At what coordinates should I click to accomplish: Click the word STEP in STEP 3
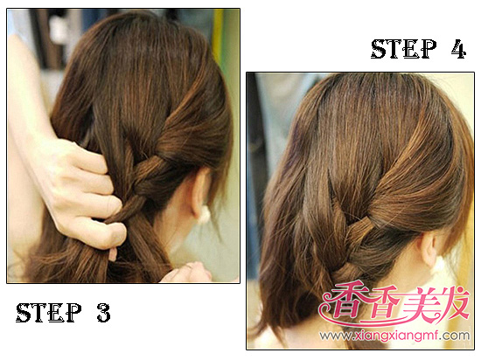pyautogui.click(x=48, y=312)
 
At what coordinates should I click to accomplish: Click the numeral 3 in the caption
pyautogui.click(x=104, y=312)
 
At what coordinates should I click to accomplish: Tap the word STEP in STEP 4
pyautogui.click(x=404, y=49)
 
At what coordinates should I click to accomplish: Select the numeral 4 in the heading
pyautogui.click(x=458, y=49)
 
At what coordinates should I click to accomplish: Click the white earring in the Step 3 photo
pyautogui.click(x=204, y=214)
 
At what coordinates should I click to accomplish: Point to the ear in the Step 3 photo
pyautogui.click(x=199, y=190)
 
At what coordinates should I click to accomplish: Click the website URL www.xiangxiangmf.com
pyautogui.click(x=394, y=336)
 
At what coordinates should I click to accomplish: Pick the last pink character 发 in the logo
pyautogui.click(x=452, y=301)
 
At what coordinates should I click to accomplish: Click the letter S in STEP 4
pyautogui.click(x=379, y=49)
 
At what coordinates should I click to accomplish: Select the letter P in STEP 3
pyautogui.click(x=73, y=312)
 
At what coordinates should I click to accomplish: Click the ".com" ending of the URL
pyautogui.click(x=457, y=336)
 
